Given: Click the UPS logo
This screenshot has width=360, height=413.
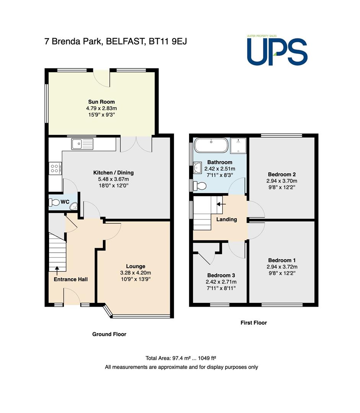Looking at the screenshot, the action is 277,50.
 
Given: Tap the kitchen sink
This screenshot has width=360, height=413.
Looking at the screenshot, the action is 82,144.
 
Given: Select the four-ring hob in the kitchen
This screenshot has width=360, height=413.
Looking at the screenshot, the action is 55,169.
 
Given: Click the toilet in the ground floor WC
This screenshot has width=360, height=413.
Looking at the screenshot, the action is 55,203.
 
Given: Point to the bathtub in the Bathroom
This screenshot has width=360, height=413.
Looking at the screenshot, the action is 211,145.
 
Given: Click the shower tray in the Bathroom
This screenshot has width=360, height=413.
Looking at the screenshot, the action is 238,146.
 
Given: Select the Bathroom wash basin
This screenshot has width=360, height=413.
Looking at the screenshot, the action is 197,168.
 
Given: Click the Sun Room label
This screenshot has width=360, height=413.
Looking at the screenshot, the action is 101,102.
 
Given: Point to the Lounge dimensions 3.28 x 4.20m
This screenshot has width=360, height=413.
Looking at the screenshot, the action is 135,273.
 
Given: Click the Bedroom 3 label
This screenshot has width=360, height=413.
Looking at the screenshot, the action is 221,275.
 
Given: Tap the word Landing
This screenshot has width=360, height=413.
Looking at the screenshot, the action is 226,220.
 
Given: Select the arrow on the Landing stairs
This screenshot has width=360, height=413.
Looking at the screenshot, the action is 221,204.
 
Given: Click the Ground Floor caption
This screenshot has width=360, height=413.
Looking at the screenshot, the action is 109,334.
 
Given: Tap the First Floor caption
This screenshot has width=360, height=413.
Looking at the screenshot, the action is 254,323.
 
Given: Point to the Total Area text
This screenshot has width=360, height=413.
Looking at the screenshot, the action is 181,358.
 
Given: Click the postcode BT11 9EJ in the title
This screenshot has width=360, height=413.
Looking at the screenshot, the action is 168,41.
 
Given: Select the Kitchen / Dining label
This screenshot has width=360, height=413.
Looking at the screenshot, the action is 113,173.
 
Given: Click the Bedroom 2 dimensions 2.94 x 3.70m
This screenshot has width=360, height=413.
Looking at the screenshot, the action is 282,181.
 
